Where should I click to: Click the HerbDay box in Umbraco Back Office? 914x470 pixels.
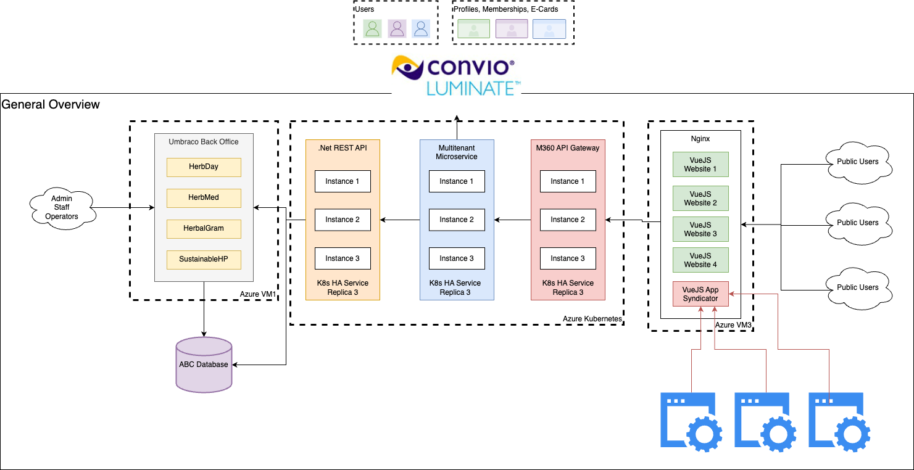(x=204, y=167)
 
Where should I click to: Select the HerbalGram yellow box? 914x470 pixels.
(x=204, y=228)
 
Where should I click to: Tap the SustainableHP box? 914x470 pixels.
(x=204, y=259)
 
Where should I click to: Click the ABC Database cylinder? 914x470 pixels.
(x=204, y=365)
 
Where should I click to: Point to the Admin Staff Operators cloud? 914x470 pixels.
(x=62, y=207)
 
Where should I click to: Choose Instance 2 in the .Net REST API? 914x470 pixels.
(x=343, y=220)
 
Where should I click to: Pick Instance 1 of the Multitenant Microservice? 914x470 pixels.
(x=457, y=181)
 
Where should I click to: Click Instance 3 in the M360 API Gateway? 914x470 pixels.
(x=568, y=258)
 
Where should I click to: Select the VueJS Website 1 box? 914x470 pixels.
(x=700, y=164)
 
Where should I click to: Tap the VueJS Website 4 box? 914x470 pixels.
(x=700, y=260)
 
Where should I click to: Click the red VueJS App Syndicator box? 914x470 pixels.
(x=700, y=294)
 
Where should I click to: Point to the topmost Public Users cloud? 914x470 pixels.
(x=857, y=162)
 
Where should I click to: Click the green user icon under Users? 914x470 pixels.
(x=372, y=28)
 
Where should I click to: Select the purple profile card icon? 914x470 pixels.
(x=512, y=29)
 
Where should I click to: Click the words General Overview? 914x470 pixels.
(x=51, y=104)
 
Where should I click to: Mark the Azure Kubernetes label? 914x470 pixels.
(x=592, y=318)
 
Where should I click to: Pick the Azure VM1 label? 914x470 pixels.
(x=258, y=295)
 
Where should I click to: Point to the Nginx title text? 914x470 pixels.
(x=700, y=139)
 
